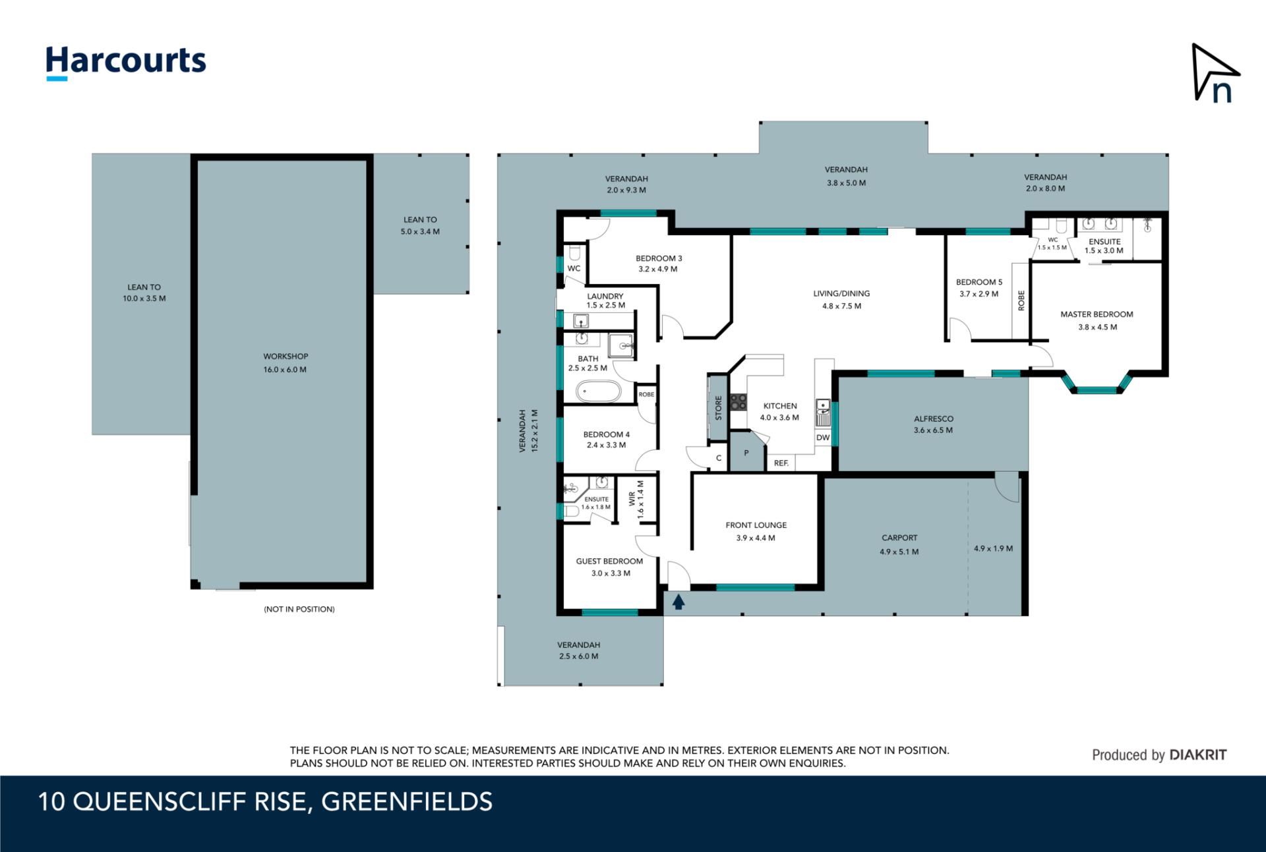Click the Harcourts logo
pyautogui.click(x=125, y=63)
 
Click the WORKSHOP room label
pyautogui.click(x=286, y=356)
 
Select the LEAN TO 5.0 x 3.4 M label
pyautogui.click(x=420, y=225)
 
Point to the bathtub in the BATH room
pyautogui.click(x=599, y=391)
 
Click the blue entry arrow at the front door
pyautogui.click(x=678, y=601)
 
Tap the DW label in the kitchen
pyautogui.click(x=823, y=438)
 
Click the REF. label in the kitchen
pyautogui.click(x=781, y=463)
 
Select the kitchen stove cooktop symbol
pyautogui.click(x=738, y=401)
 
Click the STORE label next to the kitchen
pyautogui.click(x=719, y=408)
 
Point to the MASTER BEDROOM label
pyautogui.click(x=1097, y=314)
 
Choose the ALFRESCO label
pyautogui.click(x=934, y=418)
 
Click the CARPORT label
pyautogui.click(x=899, y=538)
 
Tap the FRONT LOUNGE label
pyautogui.click(x=756, y=525)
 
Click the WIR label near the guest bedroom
pyautogui.click(x=632, y=498)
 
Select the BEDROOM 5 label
pyautogui.click(x=979, y=282)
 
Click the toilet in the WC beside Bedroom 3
pyautogui.click(x=574, y=253)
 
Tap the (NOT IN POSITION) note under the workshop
pyautogui.click(x=299, y=609)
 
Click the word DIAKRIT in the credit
pyautogui.click(x=1197, y=755)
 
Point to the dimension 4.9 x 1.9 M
pyautogui.click(x=993, y=548)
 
